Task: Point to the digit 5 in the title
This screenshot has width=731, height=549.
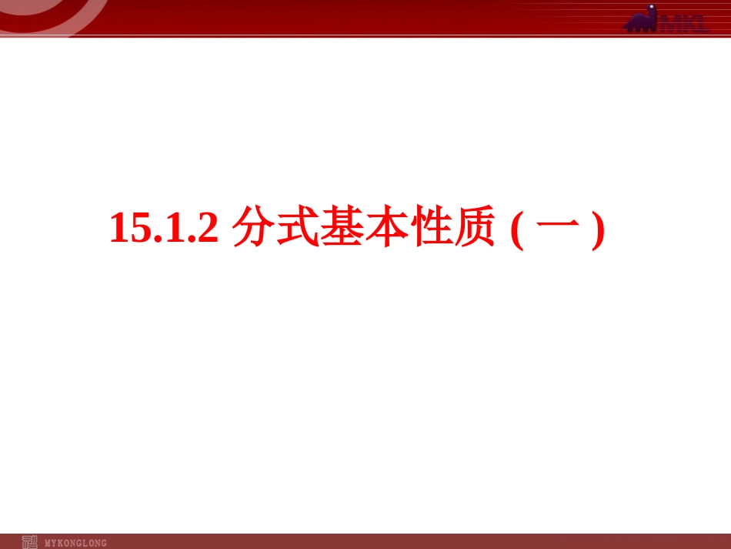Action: pos(139,229)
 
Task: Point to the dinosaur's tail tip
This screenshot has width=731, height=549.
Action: pos(625,28)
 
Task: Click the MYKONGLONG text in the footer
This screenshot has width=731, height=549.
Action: pos(76,543)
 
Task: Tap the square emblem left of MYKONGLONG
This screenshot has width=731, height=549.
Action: pos(29,542)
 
